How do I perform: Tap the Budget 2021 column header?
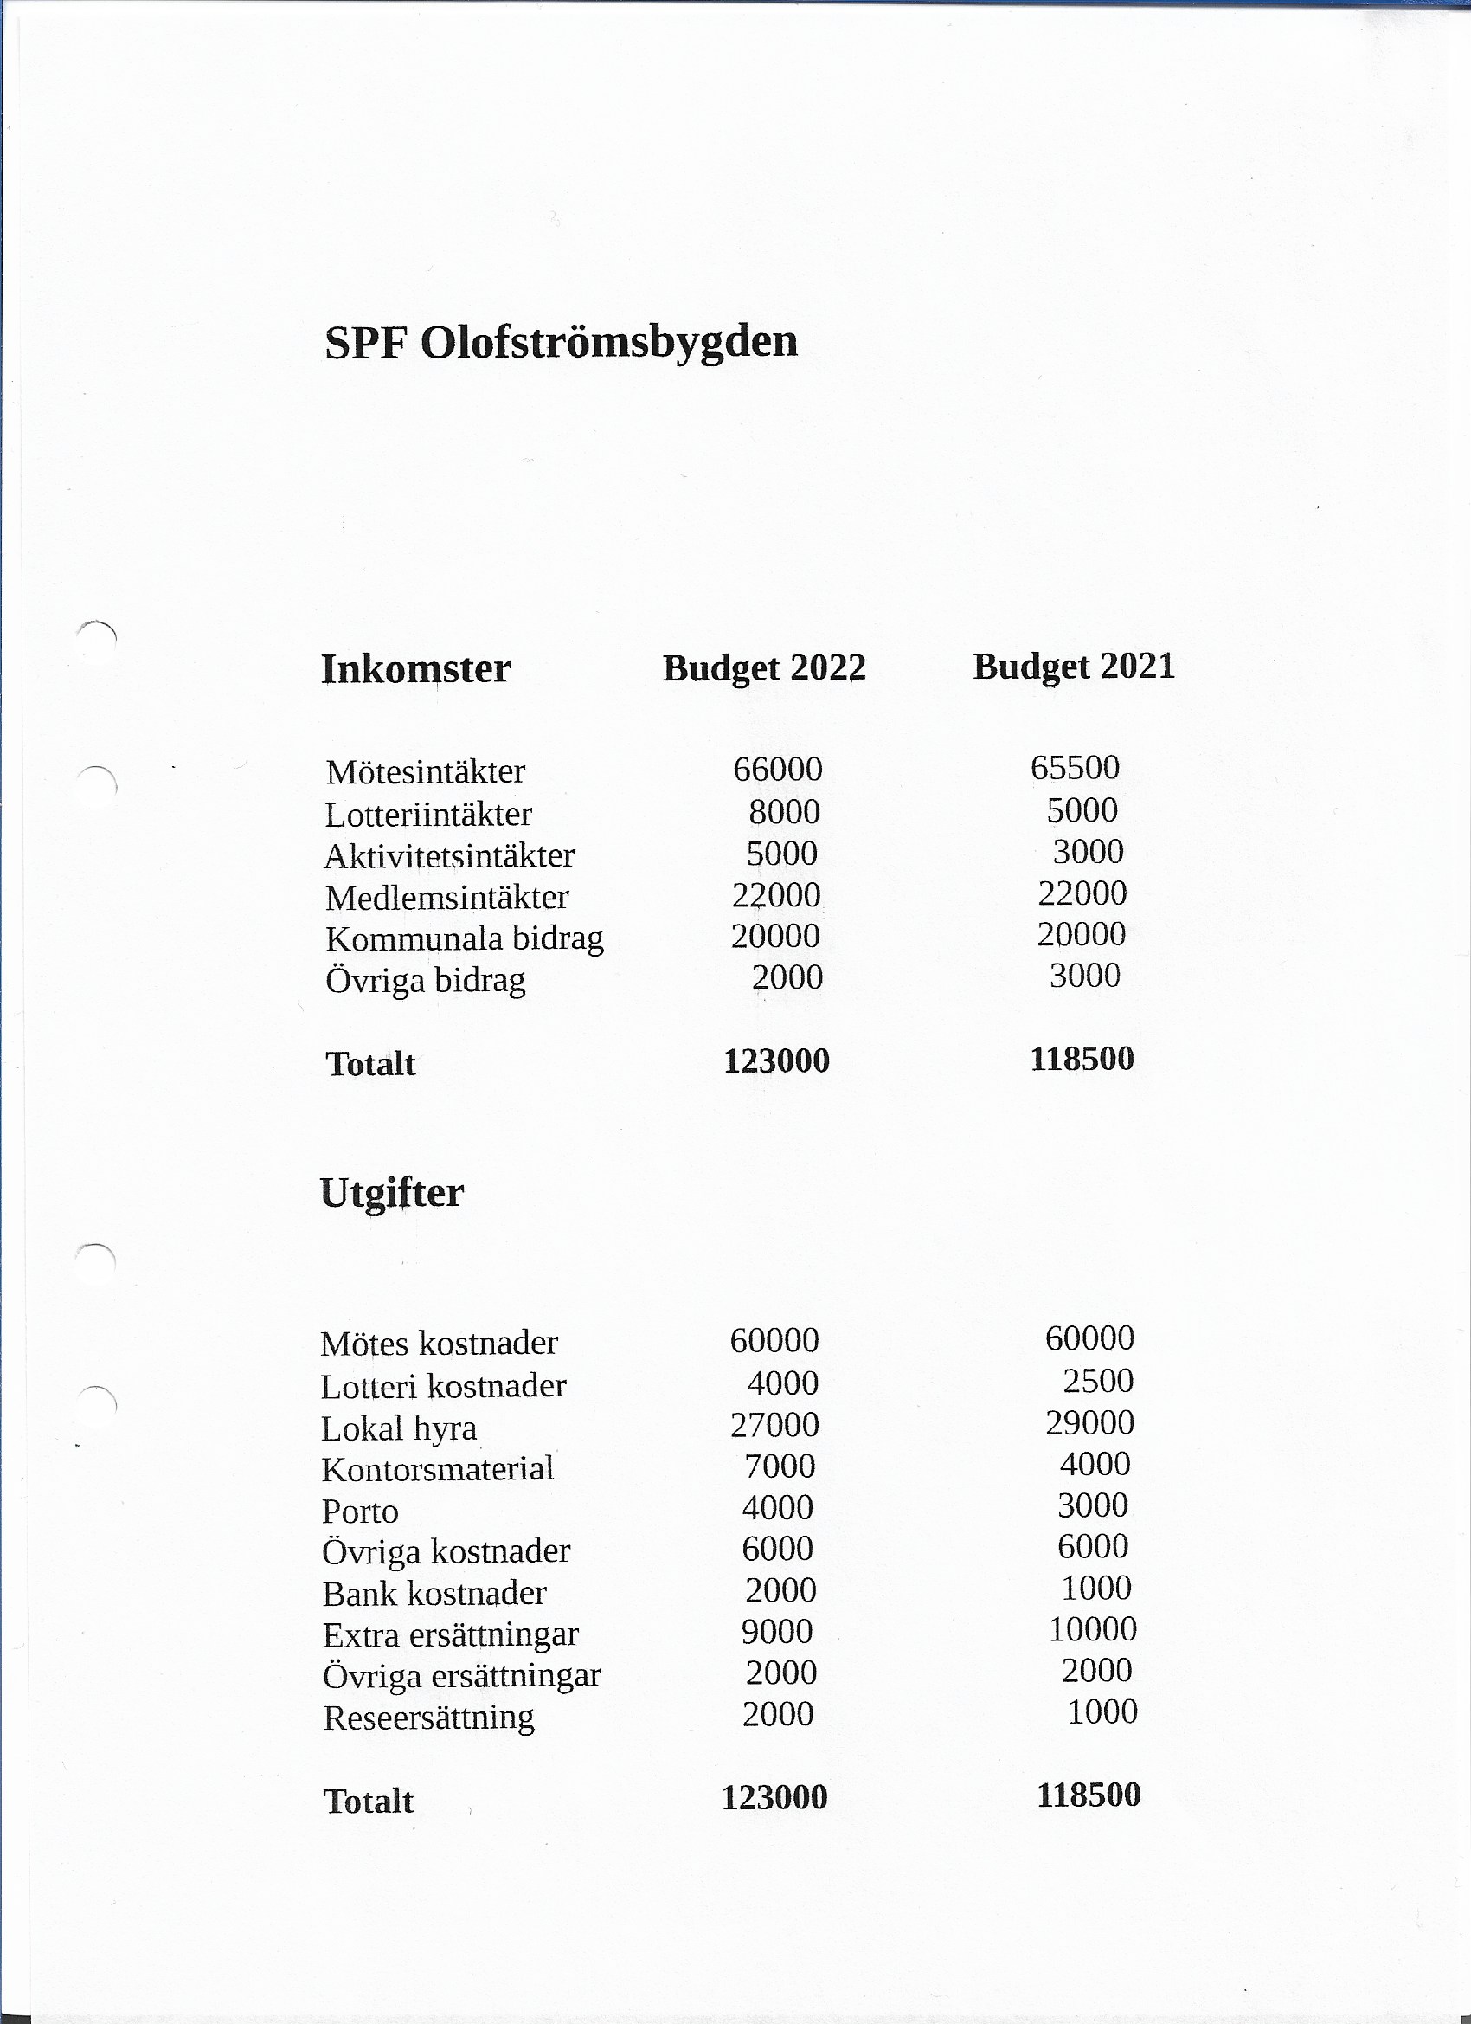click(x=1073, y=667)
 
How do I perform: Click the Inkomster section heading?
click(x=415, y=669)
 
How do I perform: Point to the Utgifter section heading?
click(x=392, y=1193)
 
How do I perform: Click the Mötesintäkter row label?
click(x=426, y=772)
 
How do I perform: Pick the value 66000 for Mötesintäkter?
click(x=777, y=770)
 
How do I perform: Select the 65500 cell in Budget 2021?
click(x=1074, y=768)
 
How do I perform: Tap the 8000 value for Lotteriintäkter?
click(x=784, y=812)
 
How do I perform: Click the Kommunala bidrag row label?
click(x=464, y=938)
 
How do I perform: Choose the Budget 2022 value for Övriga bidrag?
click(x=787, y=977)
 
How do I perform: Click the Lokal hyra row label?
click(x=399, y=1428)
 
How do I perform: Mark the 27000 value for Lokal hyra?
click(x=774, y=1424)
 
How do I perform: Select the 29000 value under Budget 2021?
click(x=1089, y=1422)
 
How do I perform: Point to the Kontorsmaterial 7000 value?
click(x=780, y=1466)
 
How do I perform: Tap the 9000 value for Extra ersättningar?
click(x=777, y=1631)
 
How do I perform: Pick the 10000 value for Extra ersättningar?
click(x=1092, y=1629)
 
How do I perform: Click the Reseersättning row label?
click(x=428, y=1718)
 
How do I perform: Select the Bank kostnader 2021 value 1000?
click(x=1096, y=1588)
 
